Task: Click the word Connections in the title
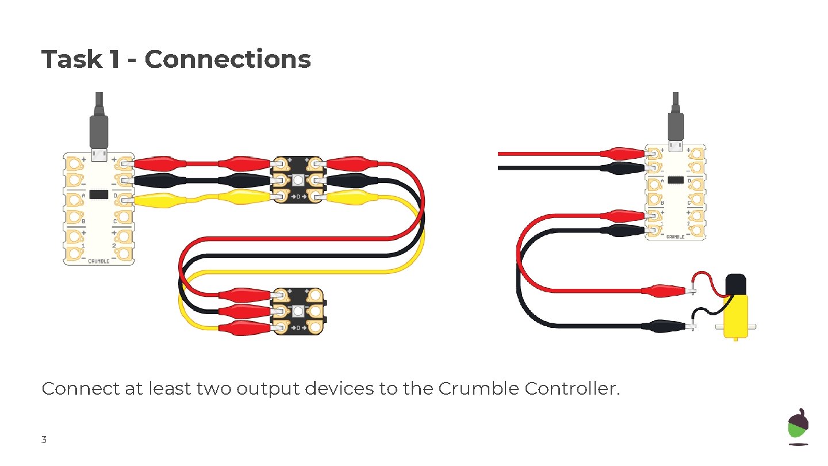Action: click(x=227, y=59)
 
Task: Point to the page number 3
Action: click(x=44, y=441)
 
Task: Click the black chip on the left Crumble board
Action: click(x=99, y=194)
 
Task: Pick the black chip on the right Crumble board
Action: click(x=676, y=180)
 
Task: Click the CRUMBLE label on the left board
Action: click(x=99, y=261)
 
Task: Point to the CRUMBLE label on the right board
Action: click(x=676, y=236)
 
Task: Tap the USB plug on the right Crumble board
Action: click(x=676, y=127)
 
